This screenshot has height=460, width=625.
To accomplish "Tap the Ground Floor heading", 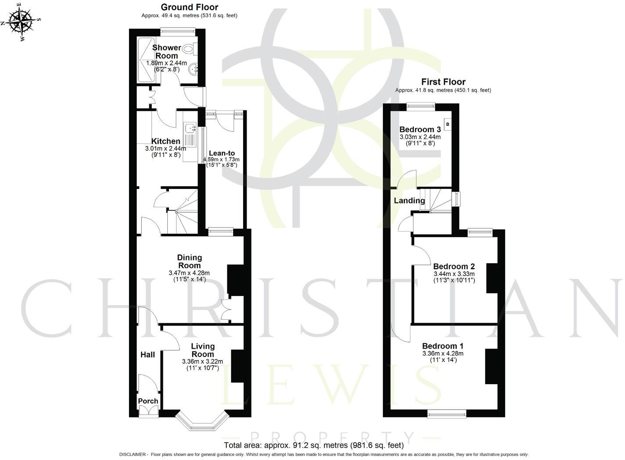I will (x=189, y=7).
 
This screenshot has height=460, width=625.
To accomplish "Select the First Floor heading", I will (x=443, y=82).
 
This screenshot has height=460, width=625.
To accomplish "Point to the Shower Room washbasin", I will (x=193, y=69).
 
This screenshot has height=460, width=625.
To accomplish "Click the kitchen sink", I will (x=190, y=128).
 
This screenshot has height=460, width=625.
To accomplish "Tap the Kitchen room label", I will (x=165, y=141).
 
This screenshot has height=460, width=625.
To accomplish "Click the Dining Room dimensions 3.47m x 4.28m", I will (x=189, y=273).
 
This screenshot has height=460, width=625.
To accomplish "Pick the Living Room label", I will (x=202, y=350).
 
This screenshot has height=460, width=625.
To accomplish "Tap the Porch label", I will (x=148, y=401).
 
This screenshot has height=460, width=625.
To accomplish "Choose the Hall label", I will (x=147, y=354).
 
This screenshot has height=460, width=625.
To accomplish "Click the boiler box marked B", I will (x=447, y=125).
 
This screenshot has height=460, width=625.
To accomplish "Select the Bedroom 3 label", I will (x=420, y=129).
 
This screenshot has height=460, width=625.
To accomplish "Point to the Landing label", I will (x=409, y=200).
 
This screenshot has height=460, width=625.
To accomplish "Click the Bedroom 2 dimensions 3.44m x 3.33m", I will (x=454, y=274).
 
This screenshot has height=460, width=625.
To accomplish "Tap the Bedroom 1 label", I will (x=442, y=346).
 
